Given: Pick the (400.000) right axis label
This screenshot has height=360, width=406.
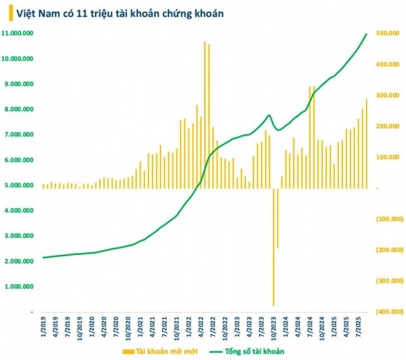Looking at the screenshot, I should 388,312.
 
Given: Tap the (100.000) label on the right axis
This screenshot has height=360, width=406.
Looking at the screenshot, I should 388,219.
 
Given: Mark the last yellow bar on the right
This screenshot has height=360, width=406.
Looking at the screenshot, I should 367,144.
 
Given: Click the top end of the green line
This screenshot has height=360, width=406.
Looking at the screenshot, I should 367,34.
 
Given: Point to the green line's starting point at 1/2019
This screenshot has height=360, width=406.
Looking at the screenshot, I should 43,257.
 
